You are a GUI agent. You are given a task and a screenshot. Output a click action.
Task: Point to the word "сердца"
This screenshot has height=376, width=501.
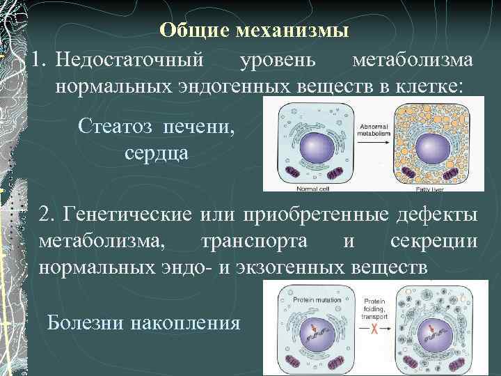[156, 151]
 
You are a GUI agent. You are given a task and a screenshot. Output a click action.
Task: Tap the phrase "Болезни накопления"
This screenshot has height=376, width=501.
[143, 323]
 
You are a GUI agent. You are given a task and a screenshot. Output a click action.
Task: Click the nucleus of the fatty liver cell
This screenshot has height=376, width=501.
[432, 149]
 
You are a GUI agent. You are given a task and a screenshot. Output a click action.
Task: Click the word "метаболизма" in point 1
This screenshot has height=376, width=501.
[413, 60]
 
